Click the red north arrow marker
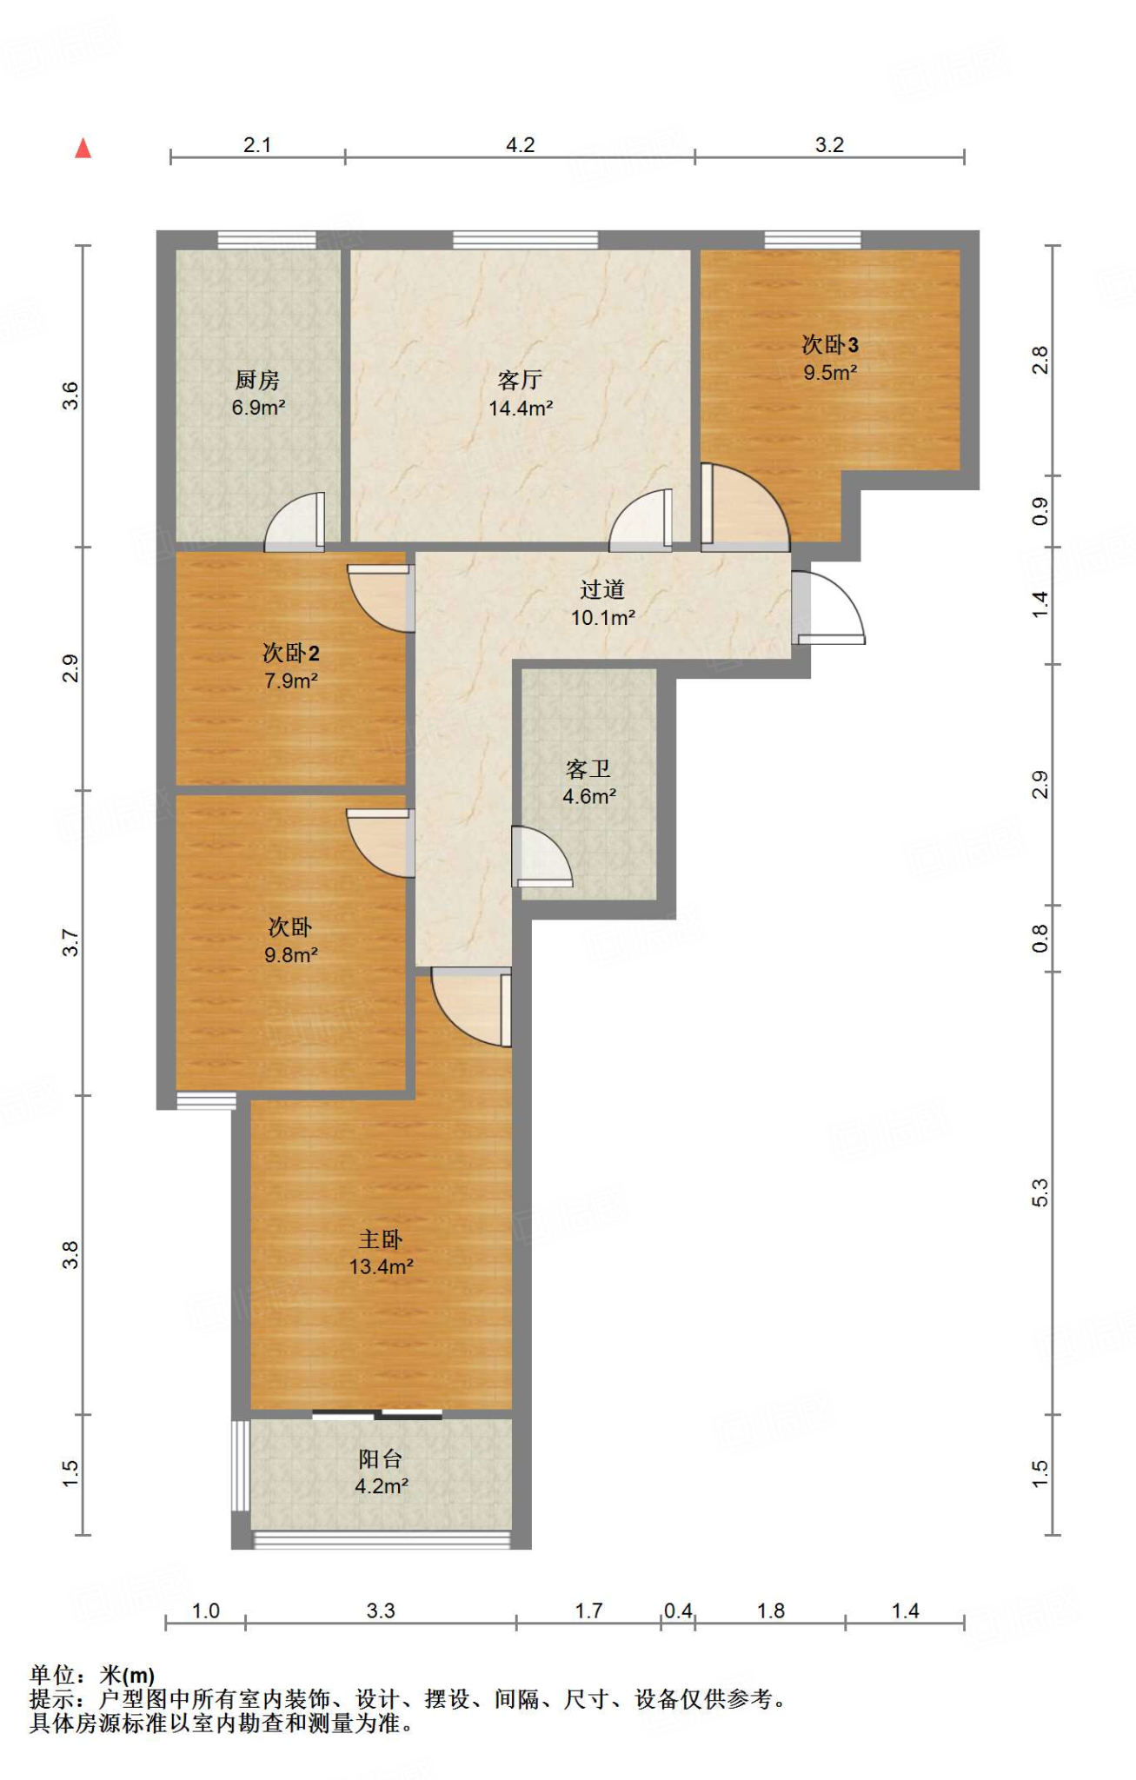point(83,149)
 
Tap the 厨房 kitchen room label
point(257,380)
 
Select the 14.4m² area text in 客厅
point(521,408)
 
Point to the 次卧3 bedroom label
point(830,344)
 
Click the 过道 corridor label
point(602,590)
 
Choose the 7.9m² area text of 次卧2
point(291,681)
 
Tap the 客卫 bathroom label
point(588,769)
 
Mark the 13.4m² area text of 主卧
point(381,1266)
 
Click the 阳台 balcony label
point(381,1459)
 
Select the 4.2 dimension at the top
point(521,145)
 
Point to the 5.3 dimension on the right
point(1040,1192)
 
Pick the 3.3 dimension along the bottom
point(381,1611)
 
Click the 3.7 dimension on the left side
point(70,943)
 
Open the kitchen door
point(295,522)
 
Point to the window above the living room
point(526,240)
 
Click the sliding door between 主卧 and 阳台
point(377,1414)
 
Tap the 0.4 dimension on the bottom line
point(678,1611)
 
